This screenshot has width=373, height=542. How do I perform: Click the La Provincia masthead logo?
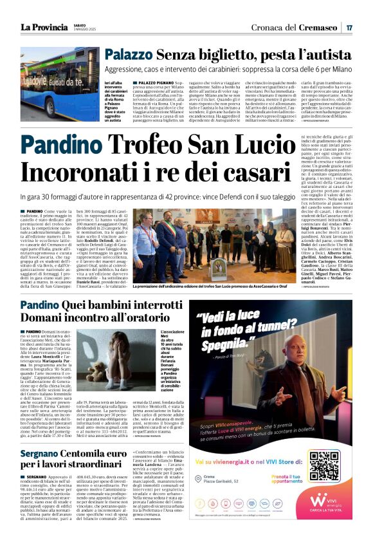coord(44,27)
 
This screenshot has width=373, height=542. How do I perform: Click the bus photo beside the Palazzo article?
coord(60,84)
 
